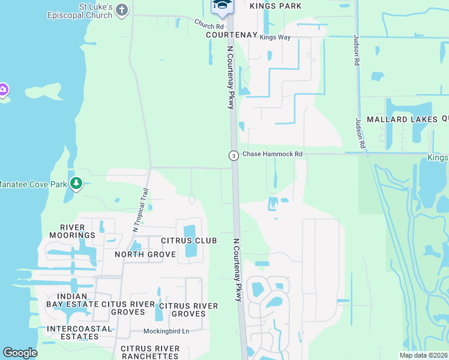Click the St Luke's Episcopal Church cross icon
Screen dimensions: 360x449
(x=122, y=10)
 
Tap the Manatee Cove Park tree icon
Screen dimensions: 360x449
(x=76, y=183)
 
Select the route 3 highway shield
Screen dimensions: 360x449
(x=233, y=155)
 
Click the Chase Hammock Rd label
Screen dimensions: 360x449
(x=272, y=154)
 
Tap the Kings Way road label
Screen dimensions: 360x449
(x=275, y=37)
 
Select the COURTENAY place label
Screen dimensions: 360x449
(x=232, y=35)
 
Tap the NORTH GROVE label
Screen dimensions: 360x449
(x=145, y=254)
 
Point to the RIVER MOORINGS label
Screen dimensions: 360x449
(x=77, y=231)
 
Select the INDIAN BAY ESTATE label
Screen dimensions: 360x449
(x=72, y=301)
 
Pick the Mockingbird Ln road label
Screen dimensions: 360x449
(x=166, y=331)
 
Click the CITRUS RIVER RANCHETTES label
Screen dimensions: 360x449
(x=150, y=352)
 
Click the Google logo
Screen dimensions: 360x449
(x=20, y=353)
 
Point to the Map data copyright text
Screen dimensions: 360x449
(x=423, y=355)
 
